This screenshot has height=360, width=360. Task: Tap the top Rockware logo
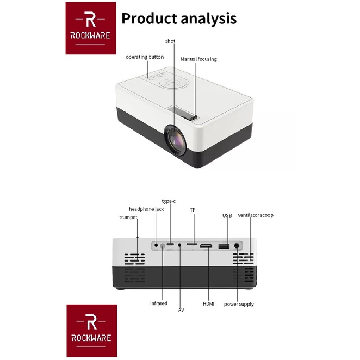(x=90, y=28)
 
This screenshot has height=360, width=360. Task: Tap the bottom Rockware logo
(x=91, y=330)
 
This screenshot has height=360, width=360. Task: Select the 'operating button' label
(x=144, y=57)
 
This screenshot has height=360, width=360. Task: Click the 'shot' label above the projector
(x=170, y=41)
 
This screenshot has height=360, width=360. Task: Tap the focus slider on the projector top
(x=188, y=116)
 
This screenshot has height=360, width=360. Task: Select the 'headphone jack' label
(x=146, y=209)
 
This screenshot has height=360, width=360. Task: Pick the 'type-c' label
(x=169, y=201)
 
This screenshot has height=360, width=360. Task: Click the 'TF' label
(x=192, y=209)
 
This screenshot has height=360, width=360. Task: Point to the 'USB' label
(x=227, y=216)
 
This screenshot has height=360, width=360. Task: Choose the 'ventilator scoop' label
(x=256, y=215)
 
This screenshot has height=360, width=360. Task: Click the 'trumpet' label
(x=128, y=218)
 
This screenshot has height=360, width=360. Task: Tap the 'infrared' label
(x=158, y=303)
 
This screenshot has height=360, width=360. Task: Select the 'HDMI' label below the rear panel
(x=209, y=303)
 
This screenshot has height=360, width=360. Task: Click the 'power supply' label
(x=239, y=304)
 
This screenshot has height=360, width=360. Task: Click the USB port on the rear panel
(x=222, y=247)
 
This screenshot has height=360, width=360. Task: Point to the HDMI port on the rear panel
(x=206, y=247)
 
